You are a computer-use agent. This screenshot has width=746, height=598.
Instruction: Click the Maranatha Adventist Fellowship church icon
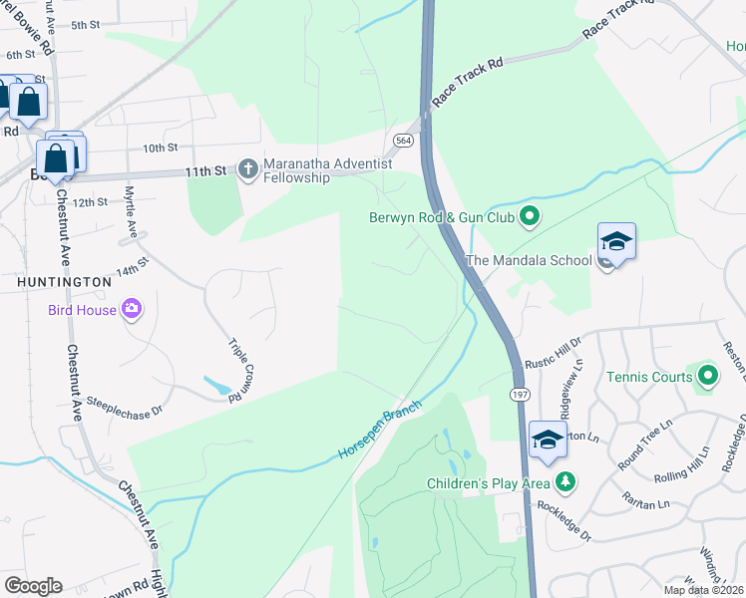pos(249,169)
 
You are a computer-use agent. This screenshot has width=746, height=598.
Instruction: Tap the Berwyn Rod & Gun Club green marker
pos(531,215)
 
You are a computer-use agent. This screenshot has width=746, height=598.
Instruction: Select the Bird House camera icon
pos(131,309)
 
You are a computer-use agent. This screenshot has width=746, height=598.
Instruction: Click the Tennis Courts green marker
pos(708,376)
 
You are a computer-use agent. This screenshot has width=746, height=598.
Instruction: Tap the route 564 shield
pos(404,140)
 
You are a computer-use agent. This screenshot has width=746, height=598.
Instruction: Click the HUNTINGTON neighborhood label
pos(64,282)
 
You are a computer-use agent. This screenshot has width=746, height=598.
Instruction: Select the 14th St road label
pos(131,269)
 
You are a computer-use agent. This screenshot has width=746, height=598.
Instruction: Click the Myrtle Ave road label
pos(129,209)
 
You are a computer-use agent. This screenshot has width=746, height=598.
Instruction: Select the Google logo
pos(33,586)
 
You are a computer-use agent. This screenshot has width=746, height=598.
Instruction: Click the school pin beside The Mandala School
pos(616,243)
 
